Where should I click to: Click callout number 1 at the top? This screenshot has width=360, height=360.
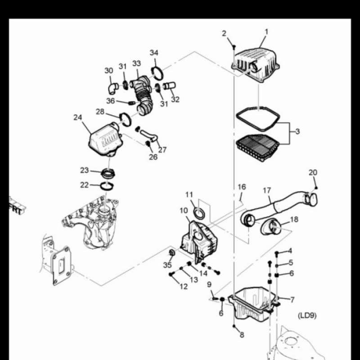pyautogui.click(x=266, y=32)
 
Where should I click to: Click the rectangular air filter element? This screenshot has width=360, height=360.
pyautogui.click(x=258, y=145)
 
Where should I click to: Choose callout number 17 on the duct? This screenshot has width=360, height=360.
pyautogui.click(x=267, y=190)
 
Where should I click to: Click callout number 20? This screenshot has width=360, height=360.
pyautogui.click(x=313, y=172)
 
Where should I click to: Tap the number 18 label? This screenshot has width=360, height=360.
pyautogui.click(x=294, y=219)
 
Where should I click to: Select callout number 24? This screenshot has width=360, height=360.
pyautogui.click(x=78, y=117)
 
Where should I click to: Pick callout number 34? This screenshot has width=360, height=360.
pyautogui.click(x=154, y=53)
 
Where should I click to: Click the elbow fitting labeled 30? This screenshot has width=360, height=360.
pyautogui.click(x=112, y=85)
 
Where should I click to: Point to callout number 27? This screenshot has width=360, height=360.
pyautogui.click(x=162, y=150)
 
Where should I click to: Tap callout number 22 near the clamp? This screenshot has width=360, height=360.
pyautogui.click(x=85, y=185)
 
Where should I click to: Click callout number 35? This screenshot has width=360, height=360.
pyautogui.click(x=168, y=264)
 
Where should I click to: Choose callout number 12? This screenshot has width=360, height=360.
pyautogui.click(x=184, y=286)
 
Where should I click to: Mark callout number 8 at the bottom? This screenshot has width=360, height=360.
pyautogui.click(x=242, y=335)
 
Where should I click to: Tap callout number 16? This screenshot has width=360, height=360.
pyautogui.click(x=242, y=186)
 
